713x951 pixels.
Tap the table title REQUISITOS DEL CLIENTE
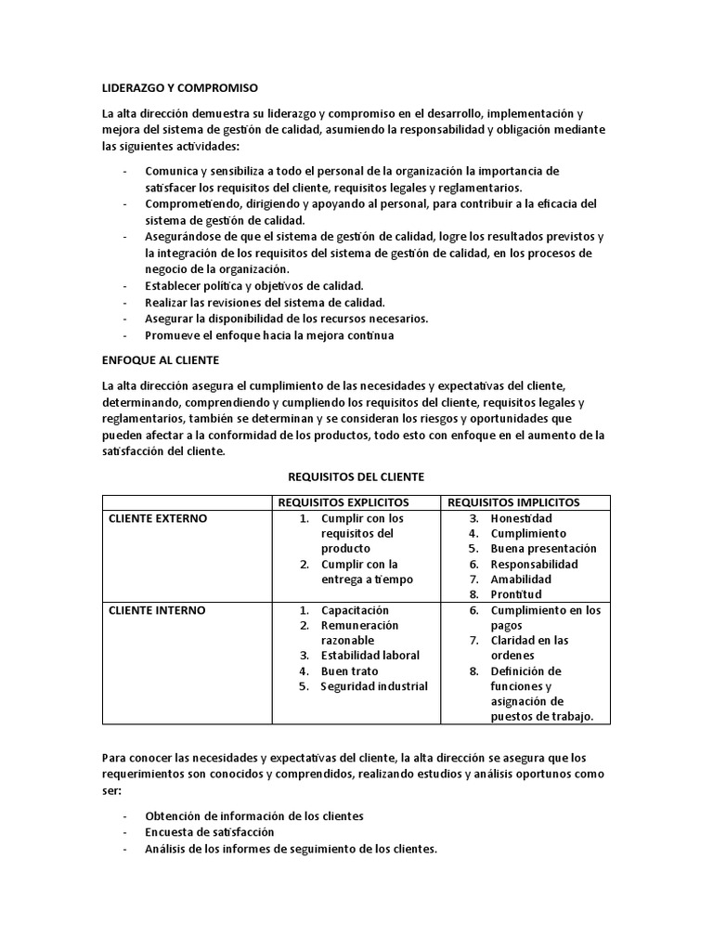(x=356, y=476)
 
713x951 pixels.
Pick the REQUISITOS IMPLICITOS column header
(x=513, y=502)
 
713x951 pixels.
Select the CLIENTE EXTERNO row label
(x=158, y=518)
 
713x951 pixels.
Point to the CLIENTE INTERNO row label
(x=157, y=611)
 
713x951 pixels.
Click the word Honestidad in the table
(x=521, y=518)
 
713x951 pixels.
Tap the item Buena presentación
(x=543, y=549)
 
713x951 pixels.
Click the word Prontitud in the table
(x=516, y=594)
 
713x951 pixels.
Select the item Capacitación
(x=355, y=611)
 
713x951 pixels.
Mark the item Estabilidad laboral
(x=370, y=656)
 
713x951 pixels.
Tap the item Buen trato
(x=349, y=671)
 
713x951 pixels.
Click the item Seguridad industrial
(x=374, y=686)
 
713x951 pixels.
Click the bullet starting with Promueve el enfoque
(x=269, y=335)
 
